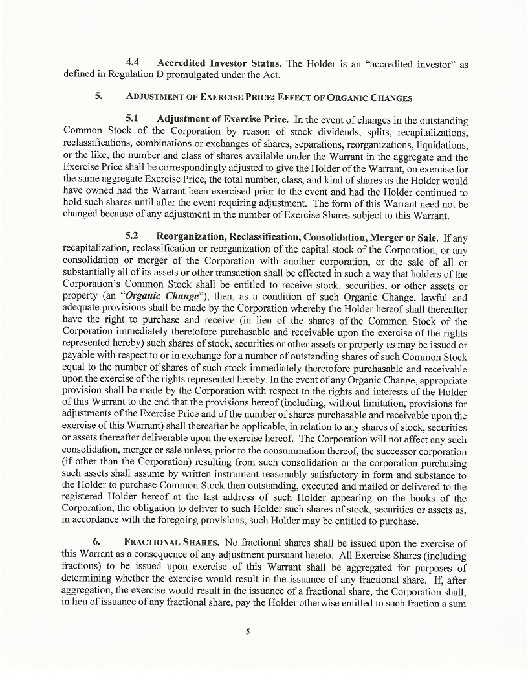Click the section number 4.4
pyautogui.click(x=134, y=63)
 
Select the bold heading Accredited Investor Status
pyautogui.click(x=219, y=63)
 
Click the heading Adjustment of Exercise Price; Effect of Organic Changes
pyautogui.click(x=269, y=98)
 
